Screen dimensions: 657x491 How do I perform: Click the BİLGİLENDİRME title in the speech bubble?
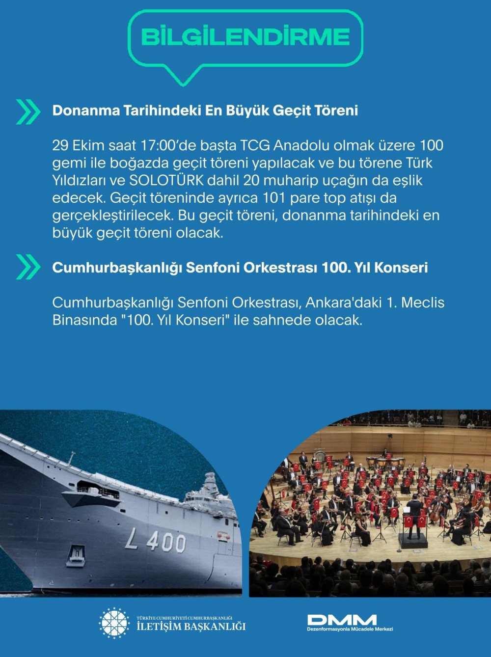coord(245,37)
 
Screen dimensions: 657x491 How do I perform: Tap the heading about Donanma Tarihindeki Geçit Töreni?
coord(205,110)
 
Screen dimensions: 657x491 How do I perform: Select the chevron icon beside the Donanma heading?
coord(28,111)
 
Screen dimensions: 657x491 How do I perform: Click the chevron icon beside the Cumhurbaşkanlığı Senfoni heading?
coord(28,267)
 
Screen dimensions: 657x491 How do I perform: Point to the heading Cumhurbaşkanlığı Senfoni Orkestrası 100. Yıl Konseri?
coord(240,268)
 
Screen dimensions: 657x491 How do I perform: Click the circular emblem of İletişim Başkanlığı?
coord(114,623)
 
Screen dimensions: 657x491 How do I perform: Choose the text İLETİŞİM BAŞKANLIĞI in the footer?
coord(191,626)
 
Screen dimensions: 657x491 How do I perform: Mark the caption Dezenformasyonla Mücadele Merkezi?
coord(350,629)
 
